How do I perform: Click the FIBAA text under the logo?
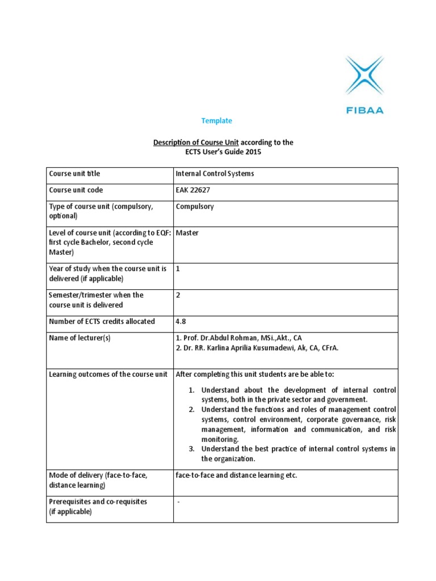click(364, 110)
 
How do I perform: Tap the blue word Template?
click(217, 121)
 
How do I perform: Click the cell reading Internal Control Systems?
click(215, 174)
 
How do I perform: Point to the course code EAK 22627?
click(193, 190)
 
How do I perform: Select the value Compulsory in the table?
click(195, 207)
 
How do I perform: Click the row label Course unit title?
click(74, 174)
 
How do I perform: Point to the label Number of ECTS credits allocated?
click(102, 321)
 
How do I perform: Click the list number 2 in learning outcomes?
click(192, 410)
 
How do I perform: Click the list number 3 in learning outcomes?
click(192, 449)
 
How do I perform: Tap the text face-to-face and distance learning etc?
click(237, 475)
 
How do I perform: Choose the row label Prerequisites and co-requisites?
click(98, 502)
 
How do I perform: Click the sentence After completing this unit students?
click(244, 374)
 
